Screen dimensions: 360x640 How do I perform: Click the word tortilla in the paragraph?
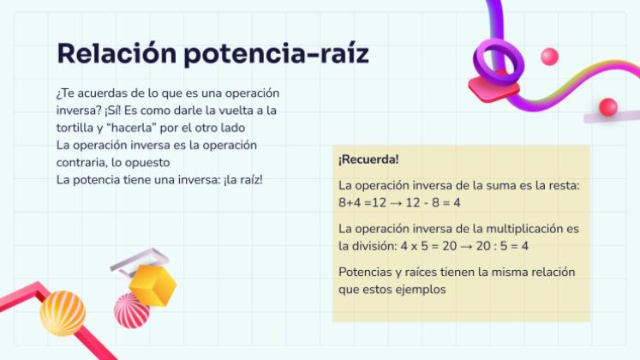(x=75, y=128)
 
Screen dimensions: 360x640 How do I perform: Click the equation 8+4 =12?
(x=362, y=202)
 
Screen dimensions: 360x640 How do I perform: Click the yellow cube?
(x=152, y=285)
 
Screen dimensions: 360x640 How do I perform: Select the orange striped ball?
(x=63, y=312)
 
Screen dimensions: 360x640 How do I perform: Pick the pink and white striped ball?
(x=131, y=310)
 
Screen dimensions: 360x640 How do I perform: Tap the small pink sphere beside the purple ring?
(x=549, y=57)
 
